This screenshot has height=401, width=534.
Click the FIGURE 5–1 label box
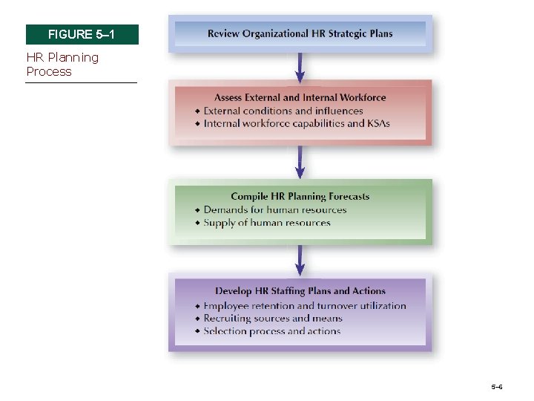click(x=82, y=35)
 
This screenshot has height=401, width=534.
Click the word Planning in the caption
click(x=70, y=57)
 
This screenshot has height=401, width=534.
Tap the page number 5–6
click(x=496, y=387)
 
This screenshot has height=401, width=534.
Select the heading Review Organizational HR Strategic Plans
click(x=300, y=33)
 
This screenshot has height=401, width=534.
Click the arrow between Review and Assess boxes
click(x=300, y=68)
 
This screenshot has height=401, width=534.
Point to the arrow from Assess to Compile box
click(x=300, y=162)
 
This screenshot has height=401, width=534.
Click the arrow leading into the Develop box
click(x=300, y=260)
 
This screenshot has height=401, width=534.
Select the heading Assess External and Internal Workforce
click(x=300, y=97)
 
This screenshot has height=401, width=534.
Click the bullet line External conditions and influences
click(x=283, y=111)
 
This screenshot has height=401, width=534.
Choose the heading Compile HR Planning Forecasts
click(x=300, y=196)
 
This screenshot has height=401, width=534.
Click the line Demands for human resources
click(x=274, y=209)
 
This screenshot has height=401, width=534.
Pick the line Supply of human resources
click(x=266, y=222)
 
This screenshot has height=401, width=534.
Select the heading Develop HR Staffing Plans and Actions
click(x=300, y=291)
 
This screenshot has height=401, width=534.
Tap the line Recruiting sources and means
click(x=272, y=318)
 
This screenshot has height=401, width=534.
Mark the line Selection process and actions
click(x=271, y=331)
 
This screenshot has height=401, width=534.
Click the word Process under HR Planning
click(x=49, y=71)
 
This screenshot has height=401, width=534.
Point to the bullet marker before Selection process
click(x=197, y=332)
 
